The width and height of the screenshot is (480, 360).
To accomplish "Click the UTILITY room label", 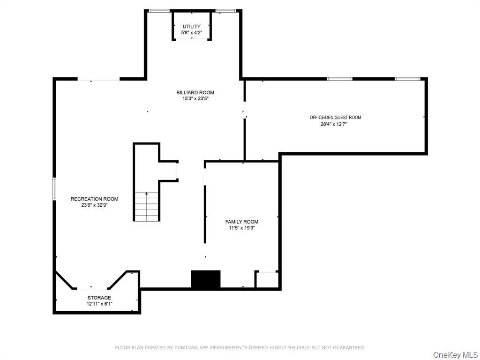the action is tap(192, 27).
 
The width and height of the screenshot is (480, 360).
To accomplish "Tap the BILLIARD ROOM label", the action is tap(195, 92).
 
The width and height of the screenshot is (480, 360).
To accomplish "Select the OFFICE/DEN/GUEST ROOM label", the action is tap(335, 117).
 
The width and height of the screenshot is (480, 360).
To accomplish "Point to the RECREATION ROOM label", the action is tap(94, 199).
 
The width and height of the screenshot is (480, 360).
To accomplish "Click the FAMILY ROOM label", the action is tap(242, 222).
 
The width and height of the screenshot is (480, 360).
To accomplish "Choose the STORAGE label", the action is tap(99, 298).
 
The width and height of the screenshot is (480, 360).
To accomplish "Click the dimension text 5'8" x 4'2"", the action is tap(192, 33).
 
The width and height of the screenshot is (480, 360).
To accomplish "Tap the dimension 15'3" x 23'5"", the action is tap(195, 98).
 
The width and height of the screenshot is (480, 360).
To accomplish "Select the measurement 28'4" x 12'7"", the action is tap(335, 124).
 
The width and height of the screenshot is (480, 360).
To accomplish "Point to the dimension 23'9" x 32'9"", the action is tap(94, 205).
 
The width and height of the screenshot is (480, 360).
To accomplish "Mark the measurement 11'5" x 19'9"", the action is tap(242, 228).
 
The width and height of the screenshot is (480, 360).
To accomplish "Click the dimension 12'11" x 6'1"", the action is tap(99, 304).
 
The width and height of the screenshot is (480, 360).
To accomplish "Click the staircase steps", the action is tap(147, 206).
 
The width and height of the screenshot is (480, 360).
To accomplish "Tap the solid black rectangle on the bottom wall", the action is tap(206, 279).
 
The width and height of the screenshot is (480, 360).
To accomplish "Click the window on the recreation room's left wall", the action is tap(54, 189).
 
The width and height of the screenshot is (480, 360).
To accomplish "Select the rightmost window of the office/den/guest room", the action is tap(407, 79).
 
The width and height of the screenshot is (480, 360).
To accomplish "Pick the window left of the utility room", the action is tap(159, 11).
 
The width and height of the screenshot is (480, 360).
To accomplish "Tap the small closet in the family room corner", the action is tap(267, 280).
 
